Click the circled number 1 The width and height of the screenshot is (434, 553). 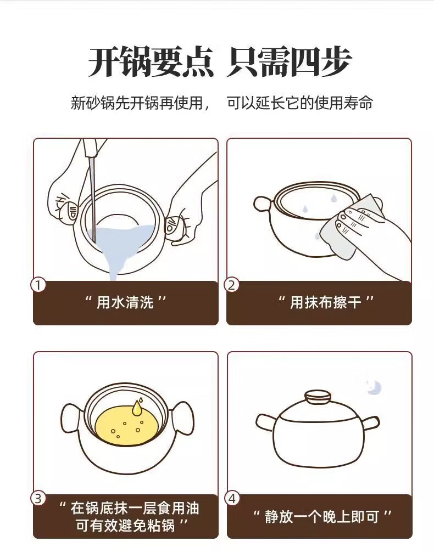tap(38, 285)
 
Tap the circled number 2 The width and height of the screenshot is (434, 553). tap(232, 285)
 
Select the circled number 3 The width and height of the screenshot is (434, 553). tap(38, 498)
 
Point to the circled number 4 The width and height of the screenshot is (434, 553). tap(232, 499)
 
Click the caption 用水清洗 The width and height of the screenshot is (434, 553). tap(125, 303)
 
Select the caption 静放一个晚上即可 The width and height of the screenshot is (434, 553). tap(322, 517)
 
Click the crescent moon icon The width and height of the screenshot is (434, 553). tap(374, 387)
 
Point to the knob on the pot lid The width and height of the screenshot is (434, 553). tap(317, 396)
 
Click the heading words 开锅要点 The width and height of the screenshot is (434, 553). tap(151, 61)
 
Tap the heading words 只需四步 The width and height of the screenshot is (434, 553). tap(289, 61)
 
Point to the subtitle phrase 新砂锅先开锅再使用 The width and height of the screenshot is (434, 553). tap(137, 103)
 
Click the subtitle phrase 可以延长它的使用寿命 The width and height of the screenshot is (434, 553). tap(300, 103)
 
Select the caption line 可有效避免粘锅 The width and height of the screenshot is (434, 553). tap(126, 526)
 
